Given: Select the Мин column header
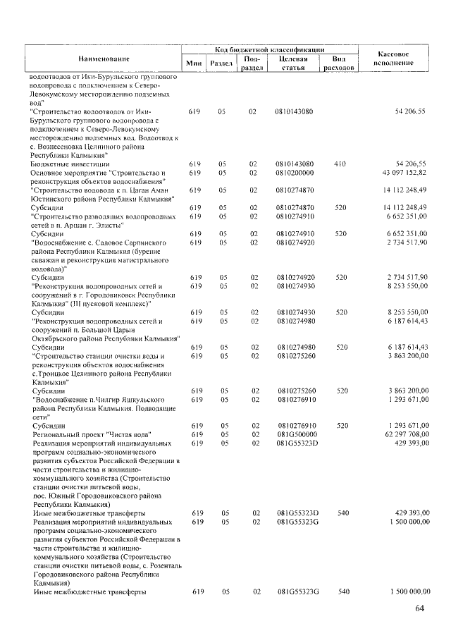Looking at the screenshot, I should (194, 63).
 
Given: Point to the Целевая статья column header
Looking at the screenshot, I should (293, 63).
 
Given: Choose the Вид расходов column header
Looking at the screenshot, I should (338, 63).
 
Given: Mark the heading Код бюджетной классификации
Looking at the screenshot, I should (269, 50).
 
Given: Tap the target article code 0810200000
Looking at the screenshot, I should (295, 173).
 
